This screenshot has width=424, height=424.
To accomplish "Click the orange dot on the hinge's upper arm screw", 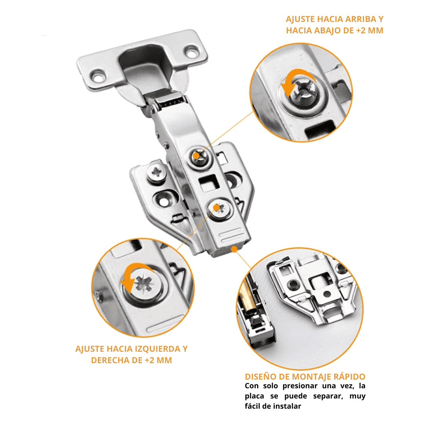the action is click(196, 156).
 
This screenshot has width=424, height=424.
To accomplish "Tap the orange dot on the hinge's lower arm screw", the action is click(217, 207).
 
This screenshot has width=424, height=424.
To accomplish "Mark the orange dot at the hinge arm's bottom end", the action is click(234, 249).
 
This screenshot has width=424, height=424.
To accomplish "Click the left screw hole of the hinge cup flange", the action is click(98, 77).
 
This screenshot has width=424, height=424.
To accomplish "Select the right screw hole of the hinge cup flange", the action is click(192, 52).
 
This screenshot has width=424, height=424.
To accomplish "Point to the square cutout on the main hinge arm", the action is click(209, 183).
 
